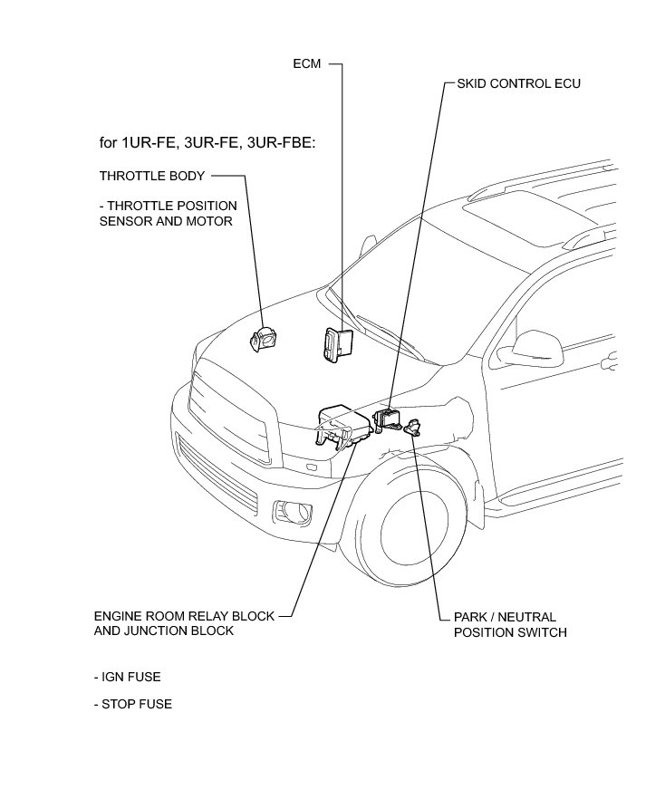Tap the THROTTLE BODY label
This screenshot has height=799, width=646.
pyautogui.click(x=152, y=175)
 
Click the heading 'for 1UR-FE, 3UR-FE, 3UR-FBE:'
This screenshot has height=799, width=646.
pyautogui.click(x=207, y=143)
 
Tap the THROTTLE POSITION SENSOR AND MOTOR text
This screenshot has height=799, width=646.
pyautogui.click(x=168, y=213)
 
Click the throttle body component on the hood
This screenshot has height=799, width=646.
pyautogui.click(x=265, y=339)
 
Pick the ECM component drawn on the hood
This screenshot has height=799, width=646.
pyautogui.click(x=334, y=345)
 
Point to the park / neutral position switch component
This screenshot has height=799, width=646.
pyautogui.click(x=414, y=427)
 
